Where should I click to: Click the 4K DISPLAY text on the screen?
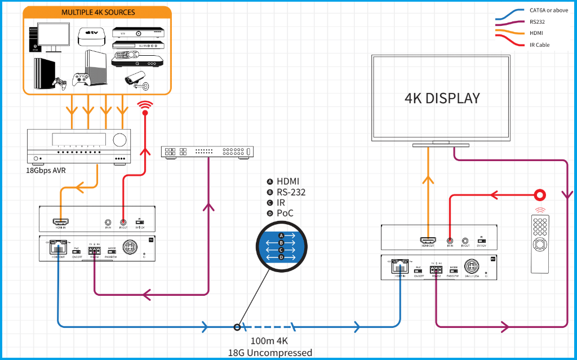coord(442,98)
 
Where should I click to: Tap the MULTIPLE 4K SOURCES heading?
coord(98,12)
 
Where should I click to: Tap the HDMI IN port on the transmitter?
coord(60,223)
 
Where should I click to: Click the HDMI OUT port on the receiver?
coord(428,241)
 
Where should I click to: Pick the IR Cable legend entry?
coord(539,45)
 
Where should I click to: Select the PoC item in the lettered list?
coord(285,214)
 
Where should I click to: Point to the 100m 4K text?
coord(269,341)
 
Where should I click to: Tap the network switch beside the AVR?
coord(207,152)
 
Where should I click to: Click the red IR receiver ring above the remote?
coord(540,195)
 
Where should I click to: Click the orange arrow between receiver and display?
coord(428,180)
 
